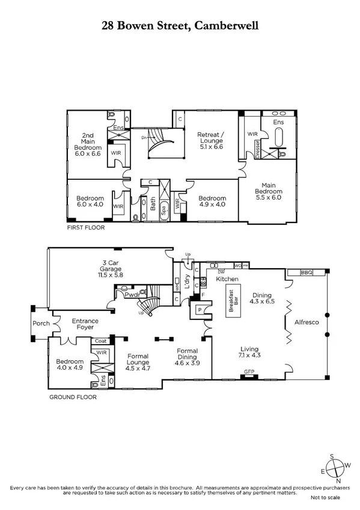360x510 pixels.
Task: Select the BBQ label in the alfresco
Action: [307, 272]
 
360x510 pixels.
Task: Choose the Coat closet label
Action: [100, 341]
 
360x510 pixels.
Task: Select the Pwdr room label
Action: [132, 295]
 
